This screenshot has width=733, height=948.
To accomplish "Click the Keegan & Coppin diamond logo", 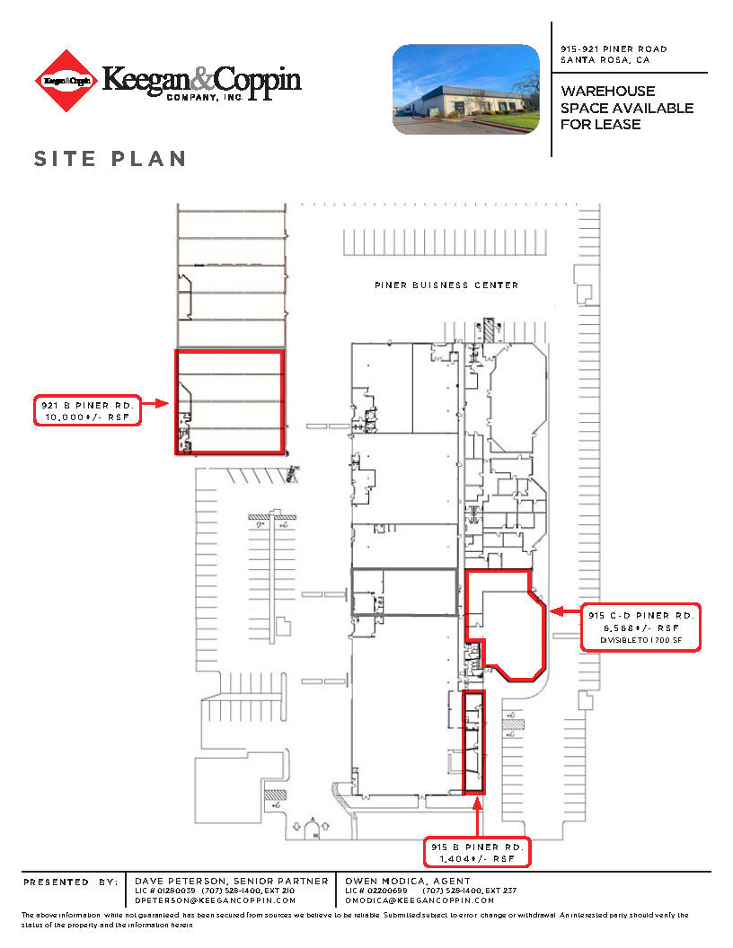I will pyautogui.click(x=65, y=82).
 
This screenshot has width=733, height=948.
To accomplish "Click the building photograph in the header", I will pyautogui.click(x=466, y=90).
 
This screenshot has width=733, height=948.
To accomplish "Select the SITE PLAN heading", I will pyautogui.click(x=110, y=159).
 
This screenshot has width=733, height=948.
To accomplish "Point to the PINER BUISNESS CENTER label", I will pyautogui.click(x=446, y=285).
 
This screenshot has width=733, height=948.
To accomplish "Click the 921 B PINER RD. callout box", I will pyautogui.click(x=87, y=410).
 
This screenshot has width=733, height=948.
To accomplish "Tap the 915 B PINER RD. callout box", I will pyautogui.click(x=477, y=853).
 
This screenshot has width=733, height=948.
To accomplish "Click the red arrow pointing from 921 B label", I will pyautogui.click(x=155, y=404).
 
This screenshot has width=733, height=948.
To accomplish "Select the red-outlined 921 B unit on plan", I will pyautogui.click(x=229, y=401).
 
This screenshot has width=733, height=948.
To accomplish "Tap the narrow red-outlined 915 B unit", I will pyautogui.click(x=473, y=742).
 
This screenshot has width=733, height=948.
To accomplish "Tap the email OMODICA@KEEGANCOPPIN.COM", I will pyautogui.click(x=418, y=900).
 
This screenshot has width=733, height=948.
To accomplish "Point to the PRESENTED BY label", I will pyautogui.click(x=70, y=882).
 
